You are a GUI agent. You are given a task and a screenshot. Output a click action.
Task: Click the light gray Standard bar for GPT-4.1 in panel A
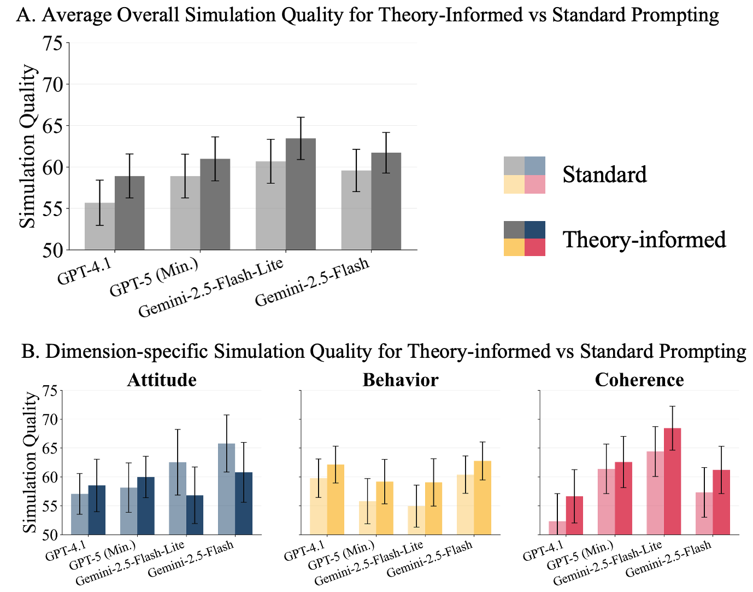pos(99,227)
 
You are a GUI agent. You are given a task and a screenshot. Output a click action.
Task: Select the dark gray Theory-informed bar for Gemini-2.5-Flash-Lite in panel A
pos(301,194)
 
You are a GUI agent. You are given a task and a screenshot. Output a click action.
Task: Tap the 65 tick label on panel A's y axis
pos(53,126)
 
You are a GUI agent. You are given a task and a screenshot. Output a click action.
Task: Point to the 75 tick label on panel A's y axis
pos(53,43)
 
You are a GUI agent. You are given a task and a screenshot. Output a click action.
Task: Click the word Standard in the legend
pos(604,175)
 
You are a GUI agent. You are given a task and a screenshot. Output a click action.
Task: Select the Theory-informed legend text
pos(644,239)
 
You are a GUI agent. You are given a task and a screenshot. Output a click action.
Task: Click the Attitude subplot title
pos(162,380)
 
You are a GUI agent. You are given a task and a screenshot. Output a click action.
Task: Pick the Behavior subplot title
pos(401,380)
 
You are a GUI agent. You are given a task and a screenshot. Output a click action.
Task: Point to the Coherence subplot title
pos(639,380)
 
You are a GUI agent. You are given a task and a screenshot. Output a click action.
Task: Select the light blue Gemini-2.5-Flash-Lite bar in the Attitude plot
pos(177,498)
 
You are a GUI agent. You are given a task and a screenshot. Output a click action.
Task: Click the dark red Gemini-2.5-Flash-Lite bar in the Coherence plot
pos(672,481)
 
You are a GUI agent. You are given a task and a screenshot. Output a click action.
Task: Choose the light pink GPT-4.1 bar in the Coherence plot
pos(557,528)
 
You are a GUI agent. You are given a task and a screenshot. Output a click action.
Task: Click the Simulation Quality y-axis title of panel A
pos(28,146)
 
